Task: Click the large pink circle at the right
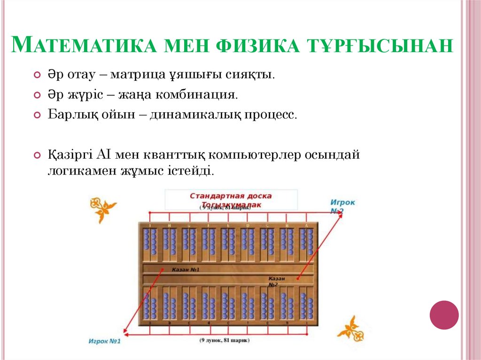tap(444, 314)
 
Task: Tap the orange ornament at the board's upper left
tap(102, 208)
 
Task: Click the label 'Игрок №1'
tap(104, 341)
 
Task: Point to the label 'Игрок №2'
tap(342, 207)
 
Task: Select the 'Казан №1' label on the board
tap(186, 270)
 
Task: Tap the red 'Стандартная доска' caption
tap(231, 196)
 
